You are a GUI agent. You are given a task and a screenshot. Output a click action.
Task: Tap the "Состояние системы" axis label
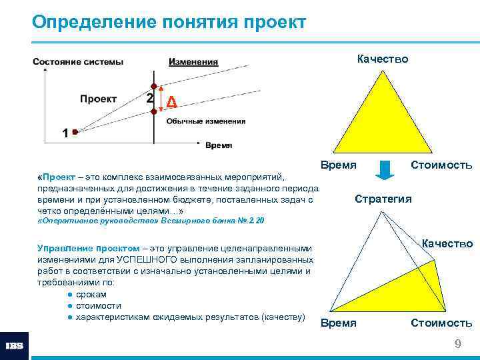click(78, 62)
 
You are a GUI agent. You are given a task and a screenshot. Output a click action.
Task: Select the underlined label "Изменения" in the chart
click(193, 62)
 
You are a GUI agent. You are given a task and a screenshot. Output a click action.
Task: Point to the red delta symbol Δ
click(171, 102)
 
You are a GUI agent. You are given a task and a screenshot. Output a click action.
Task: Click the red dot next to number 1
click(75, 132)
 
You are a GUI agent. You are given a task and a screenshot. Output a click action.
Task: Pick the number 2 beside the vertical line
click(149, 98)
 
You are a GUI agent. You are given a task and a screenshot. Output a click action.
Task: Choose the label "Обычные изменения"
click(205, 121)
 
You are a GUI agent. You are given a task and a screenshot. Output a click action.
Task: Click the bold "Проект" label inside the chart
click(98, 99)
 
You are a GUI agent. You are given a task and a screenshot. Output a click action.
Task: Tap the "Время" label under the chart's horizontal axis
click(219, 145)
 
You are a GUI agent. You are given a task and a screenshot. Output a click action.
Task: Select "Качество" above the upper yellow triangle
click(383, 59)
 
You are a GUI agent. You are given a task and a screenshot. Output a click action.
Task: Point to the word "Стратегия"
click(383, 199)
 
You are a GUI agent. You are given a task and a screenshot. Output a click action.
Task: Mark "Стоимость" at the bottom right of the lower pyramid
click(441, 323)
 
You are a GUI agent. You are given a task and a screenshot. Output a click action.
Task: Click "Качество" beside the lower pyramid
click(447, 244)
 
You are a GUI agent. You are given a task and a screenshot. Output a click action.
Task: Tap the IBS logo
click(15, 345)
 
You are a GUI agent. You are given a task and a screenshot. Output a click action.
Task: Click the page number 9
click(457, 343)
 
